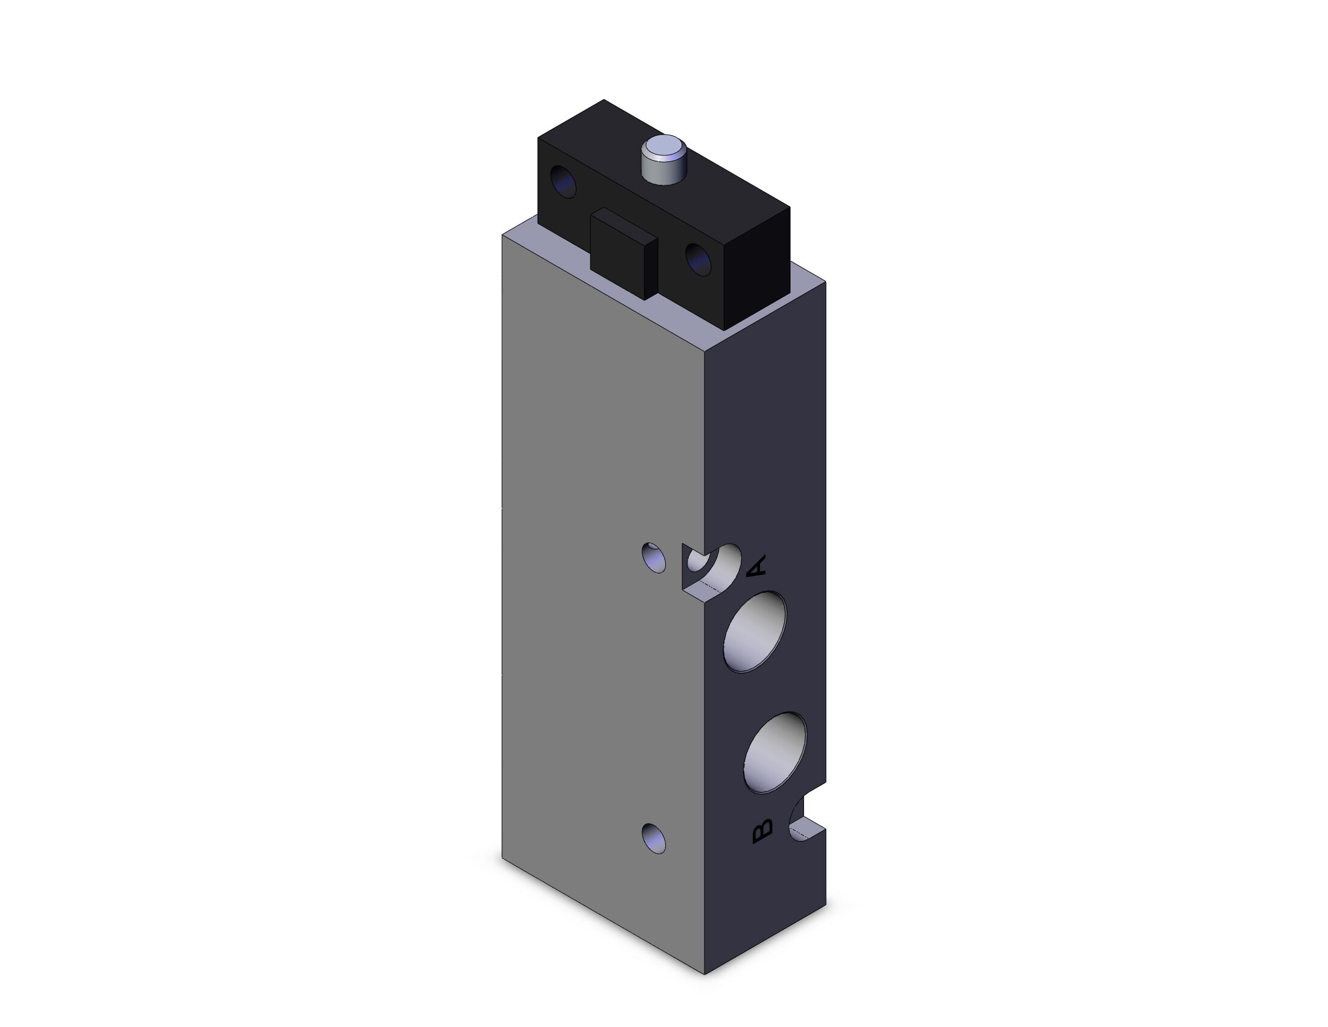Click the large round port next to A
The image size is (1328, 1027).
[755, 632]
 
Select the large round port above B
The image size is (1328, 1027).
[775, 753]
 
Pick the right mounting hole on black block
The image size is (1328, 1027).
[698, 259]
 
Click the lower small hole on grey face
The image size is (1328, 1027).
[654, 839]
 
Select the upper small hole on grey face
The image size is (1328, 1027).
[654, 558]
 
